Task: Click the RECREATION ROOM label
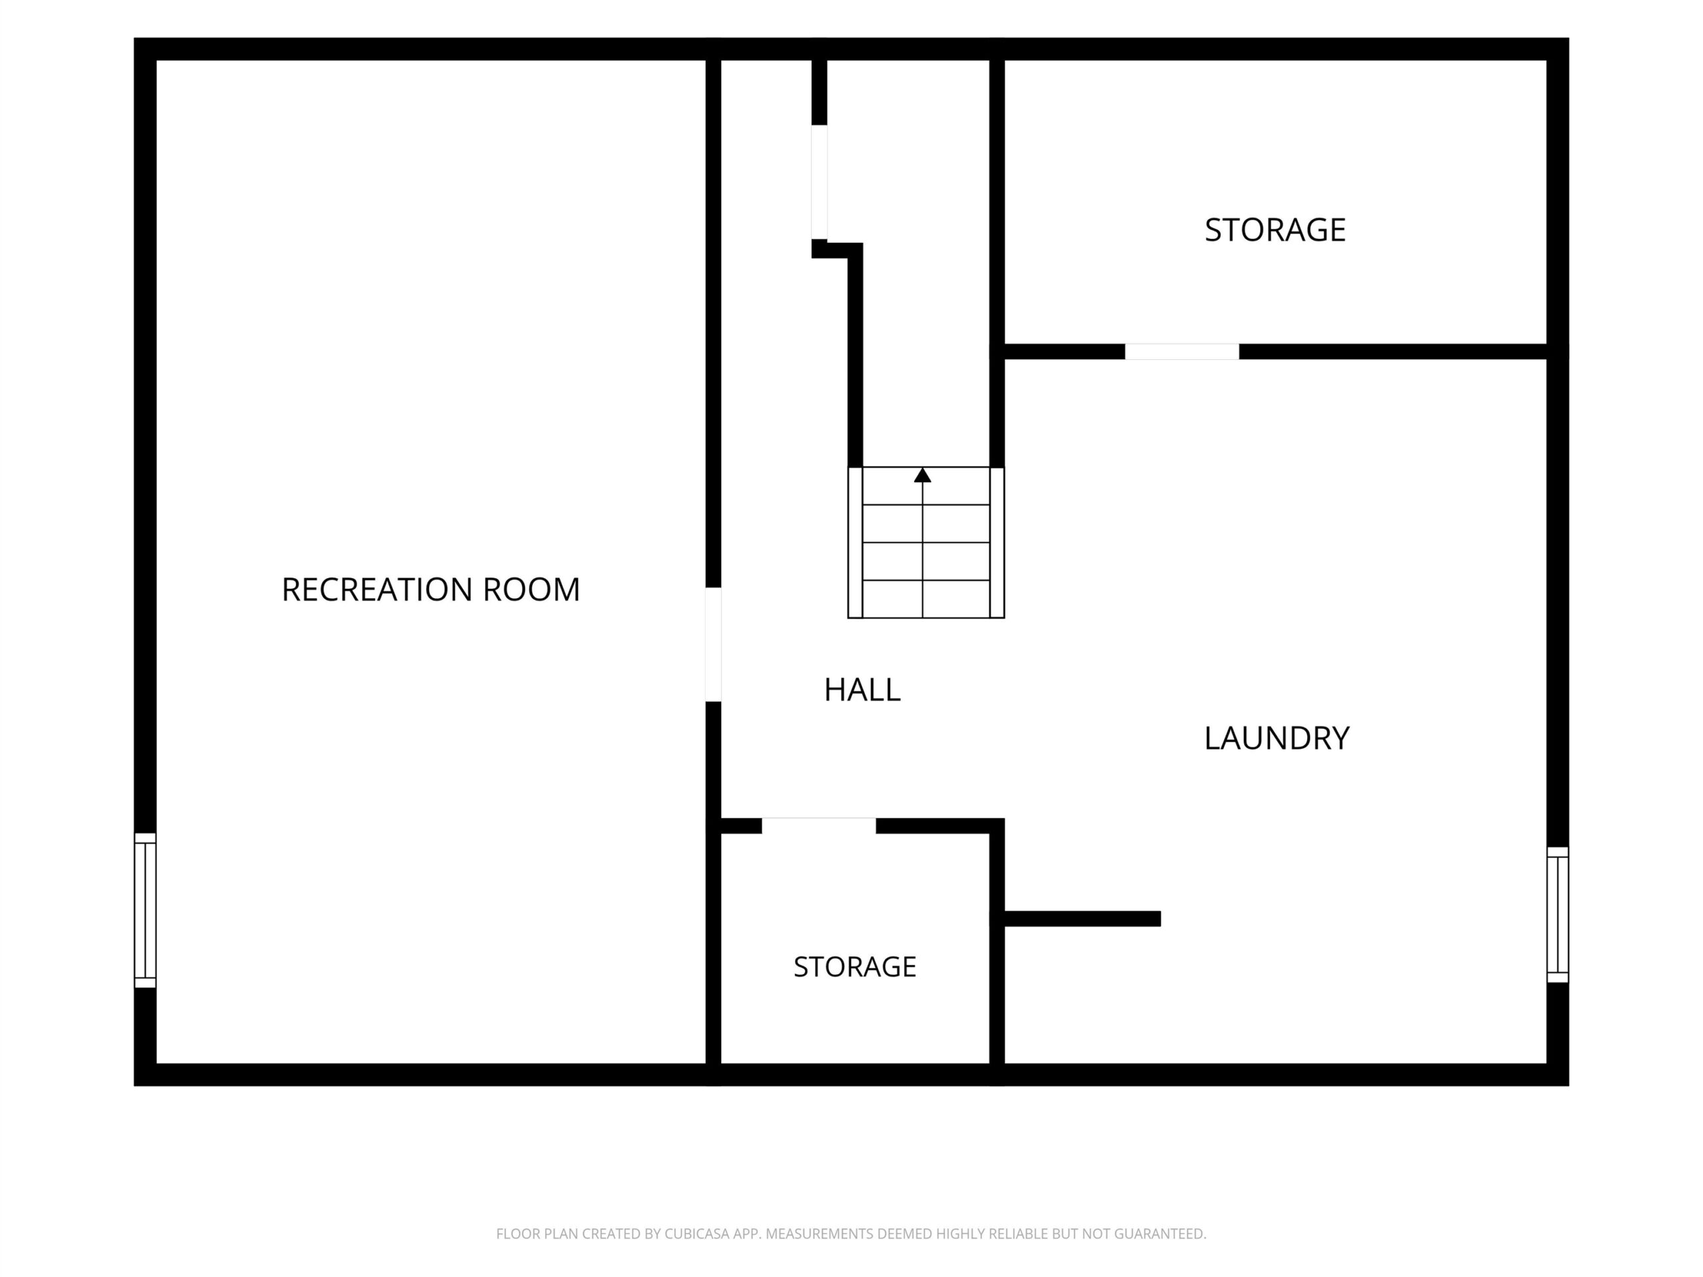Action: point(430,590)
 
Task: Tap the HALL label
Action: point(862,690)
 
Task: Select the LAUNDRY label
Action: point(1277,738)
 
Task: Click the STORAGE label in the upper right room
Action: point(1275,229)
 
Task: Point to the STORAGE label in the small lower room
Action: point(855,967)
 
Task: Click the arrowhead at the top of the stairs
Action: point(922,475)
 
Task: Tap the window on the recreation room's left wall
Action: point(146,910)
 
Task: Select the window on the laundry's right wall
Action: point(1557,915)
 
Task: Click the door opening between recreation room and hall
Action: point(714,644)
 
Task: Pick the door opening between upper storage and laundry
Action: point(1181,352)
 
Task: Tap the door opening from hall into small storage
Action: point(819,826)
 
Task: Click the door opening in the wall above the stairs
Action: point(819,182)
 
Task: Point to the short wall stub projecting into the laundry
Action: point(1082,919)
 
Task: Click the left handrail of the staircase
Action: point(855,543)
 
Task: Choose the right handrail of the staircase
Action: point(997,543)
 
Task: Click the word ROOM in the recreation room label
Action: point(532,590)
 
